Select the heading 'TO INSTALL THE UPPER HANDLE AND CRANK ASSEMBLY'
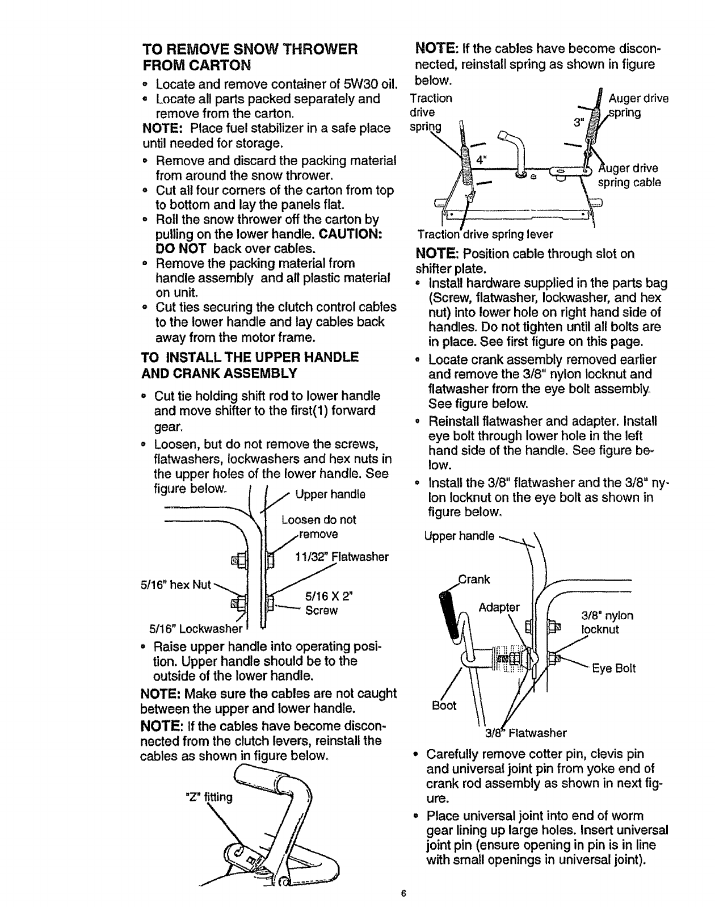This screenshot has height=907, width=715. (249, 364)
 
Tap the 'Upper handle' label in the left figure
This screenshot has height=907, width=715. (330, 494)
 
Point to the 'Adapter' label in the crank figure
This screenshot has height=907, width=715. (499, 607)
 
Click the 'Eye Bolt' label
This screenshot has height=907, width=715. (614, 668)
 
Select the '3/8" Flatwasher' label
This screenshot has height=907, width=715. (525, 733)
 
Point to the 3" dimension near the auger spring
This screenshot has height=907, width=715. (577, 123)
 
